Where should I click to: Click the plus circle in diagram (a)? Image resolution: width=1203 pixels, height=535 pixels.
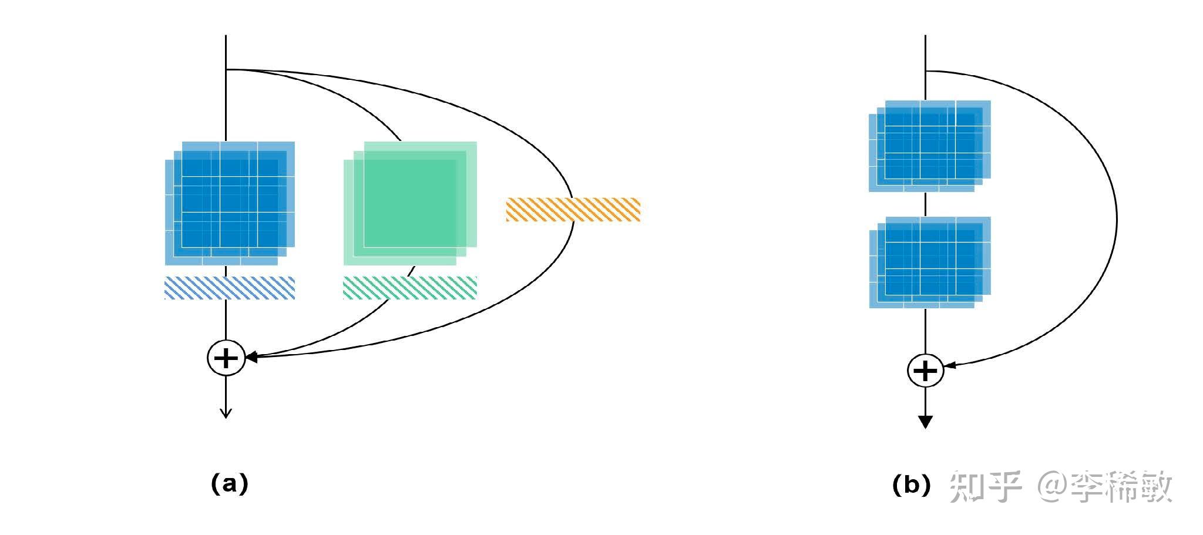[226, 358]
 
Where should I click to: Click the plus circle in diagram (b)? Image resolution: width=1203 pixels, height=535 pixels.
[926, 371]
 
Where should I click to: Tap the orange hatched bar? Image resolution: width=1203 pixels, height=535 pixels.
[573, 210]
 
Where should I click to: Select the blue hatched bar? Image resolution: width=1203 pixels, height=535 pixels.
[230, 288]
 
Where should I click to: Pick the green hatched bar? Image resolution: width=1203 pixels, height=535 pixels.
[410, 288]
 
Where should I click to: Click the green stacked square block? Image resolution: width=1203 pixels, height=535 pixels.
[410, 203]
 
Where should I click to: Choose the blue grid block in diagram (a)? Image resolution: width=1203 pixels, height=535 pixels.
[230, 203]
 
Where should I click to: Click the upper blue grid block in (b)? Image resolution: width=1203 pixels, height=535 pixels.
[930, 146]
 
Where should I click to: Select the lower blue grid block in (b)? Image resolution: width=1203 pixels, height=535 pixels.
[930, 263]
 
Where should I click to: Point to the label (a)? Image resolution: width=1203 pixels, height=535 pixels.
[230, 484]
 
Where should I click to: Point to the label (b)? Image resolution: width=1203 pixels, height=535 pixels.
[911, 485]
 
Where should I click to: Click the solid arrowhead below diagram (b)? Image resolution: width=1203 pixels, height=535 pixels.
[926, 422]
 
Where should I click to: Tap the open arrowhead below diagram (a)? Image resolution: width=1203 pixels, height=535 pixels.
[226, 413]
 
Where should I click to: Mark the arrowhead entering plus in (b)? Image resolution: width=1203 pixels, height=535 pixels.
[950, 365]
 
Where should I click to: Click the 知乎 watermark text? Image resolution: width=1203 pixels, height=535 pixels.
[986, 487]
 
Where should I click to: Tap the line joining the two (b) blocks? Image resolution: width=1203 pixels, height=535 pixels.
[926, 204]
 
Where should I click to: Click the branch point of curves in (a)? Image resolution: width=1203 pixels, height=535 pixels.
[227, 70]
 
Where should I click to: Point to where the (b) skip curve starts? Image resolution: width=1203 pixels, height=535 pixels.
[926, 71]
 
